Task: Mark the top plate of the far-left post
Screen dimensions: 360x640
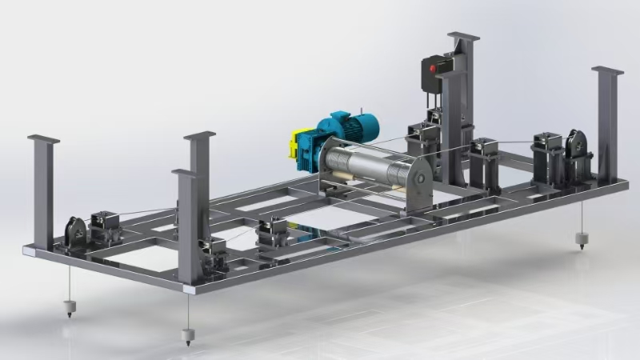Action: (x=43, y=138)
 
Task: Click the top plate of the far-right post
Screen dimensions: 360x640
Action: (x=607, y=70)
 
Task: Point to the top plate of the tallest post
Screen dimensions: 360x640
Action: (x=463, y=36)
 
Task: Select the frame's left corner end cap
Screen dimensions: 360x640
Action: (x=29, y=251)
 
